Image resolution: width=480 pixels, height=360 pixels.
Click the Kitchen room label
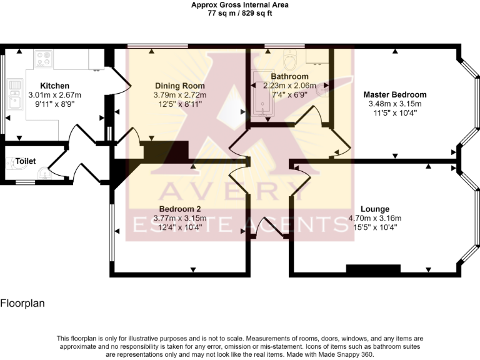tap(54, 86)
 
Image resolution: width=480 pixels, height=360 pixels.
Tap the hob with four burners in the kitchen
tap(43, 59)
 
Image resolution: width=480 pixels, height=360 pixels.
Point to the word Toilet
tap(26, 161)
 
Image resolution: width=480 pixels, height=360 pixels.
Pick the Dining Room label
tap(179, 86)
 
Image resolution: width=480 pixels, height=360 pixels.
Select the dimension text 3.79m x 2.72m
tap(179, 95)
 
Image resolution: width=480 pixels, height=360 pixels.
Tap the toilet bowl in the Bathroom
tap(290, 61)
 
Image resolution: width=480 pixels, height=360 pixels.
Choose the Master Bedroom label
tap(395, 94)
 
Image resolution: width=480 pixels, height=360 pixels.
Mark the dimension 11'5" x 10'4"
tap(395, 113)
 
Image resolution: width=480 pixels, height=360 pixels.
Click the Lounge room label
tap(375, 209)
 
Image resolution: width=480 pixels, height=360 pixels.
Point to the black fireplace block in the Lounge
tap(373, 269)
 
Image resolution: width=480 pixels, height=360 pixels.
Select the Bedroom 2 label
tap(179, 209)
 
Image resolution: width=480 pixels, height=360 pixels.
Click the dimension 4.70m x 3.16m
tap(375, 218)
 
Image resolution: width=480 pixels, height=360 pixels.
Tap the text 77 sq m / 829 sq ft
tap(240, 12)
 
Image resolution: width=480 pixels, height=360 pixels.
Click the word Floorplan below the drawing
tap(22, 304)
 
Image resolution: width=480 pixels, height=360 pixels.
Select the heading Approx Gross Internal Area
tap(240, 4)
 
